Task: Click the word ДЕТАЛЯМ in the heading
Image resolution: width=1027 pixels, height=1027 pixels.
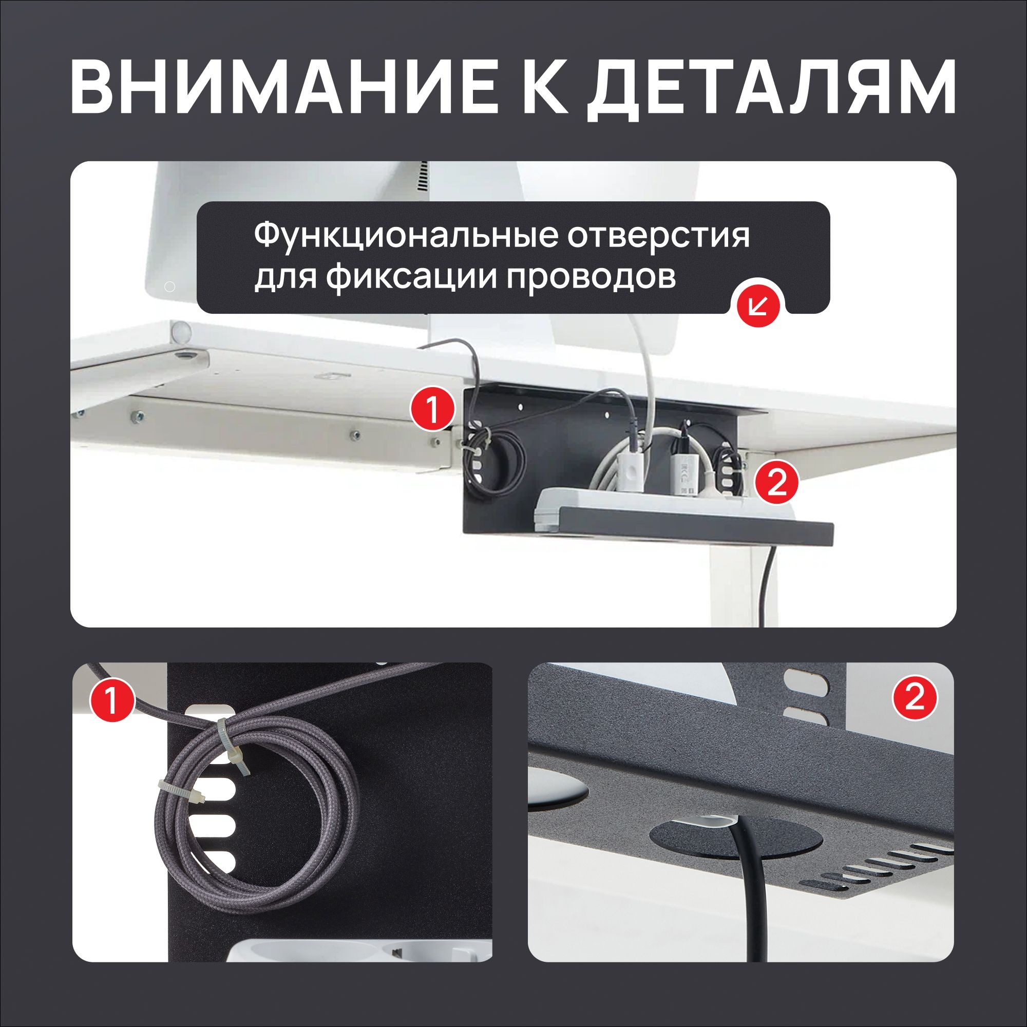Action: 771,88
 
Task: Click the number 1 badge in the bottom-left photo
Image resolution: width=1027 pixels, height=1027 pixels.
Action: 111,700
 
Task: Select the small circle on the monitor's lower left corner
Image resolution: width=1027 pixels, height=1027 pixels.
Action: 170,287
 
